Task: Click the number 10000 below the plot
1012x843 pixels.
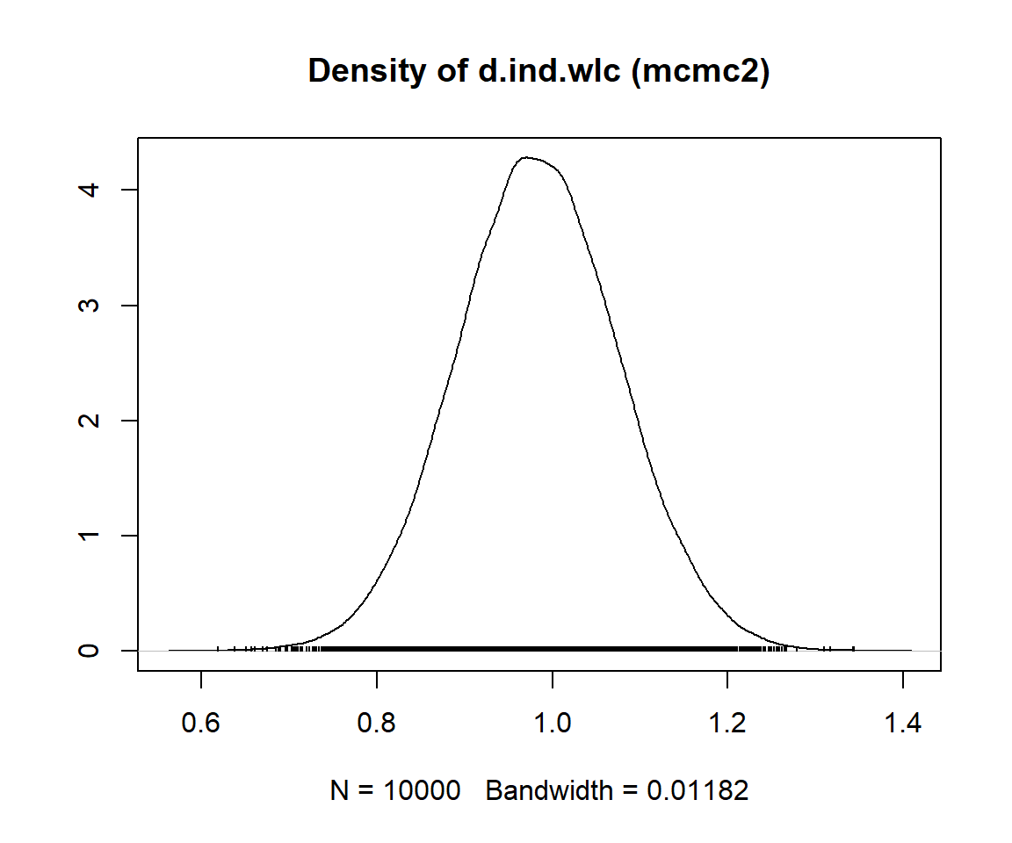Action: [421, 791]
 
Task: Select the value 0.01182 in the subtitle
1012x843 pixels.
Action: [698, 791]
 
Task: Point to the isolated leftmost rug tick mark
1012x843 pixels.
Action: [218, 649]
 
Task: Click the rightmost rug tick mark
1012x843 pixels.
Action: [853, 649]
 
